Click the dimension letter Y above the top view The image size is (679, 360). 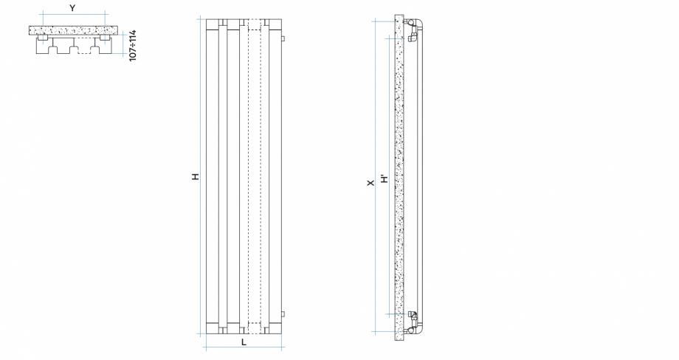coord(72,7)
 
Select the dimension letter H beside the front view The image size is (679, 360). coord(195,177)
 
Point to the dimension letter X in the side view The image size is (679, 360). coord(370,180)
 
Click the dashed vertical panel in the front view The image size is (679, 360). coord(255,177)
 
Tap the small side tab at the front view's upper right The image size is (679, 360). coord(284,37)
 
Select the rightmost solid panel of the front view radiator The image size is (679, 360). coord(275,177)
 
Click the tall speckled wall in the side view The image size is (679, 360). coord(398,177)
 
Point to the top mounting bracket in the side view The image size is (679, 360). coord(412,30)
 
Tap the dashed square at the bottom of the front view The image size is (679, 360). coord(255,328)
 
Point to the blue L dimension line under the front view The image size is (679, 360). coord(243,347)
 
